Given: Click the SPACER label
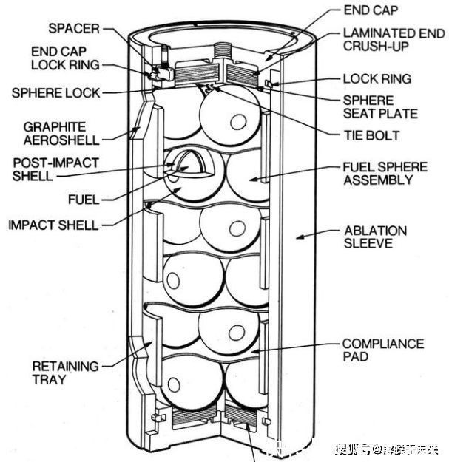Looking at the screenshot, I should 73,29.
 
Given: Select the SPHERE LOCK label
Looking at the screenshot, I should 55,93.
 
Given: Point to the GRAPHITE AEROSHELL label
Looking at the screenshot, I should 55,133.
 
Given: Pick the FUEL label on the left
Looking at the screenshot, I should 84,199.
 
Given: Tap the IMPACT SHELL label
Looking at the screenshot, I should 53,225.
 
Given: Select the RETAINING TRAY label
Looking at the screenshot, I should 65,373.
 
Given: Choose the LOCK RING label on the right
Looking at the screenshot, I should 377,78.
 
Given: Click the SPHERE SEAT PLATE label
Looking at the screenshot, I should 379,106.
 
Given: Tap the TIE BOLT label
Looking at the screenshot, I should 371,135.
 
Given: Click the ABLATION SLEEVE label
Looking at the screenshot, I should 376,237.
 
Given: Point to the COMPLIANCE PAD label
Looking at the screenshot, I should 382,350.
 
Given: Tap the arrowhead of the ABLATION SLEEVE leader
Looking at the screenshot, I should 298,237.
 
